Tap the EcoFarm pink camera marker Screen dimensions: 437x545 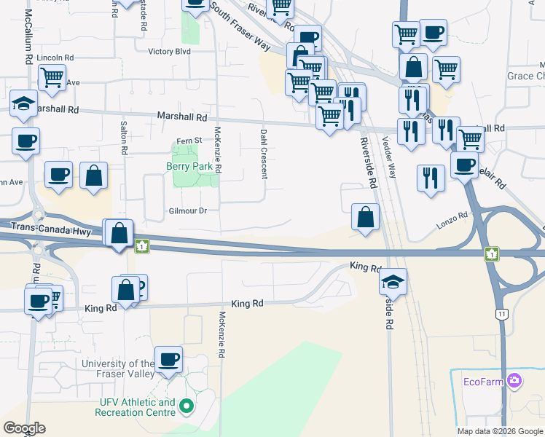point(515,380)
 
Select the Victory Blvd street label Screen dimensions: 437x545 point(169,52)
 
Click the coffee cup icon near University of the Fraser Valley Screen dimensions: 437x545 point(169,359)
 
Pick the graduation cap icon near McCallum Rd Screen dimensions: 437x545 point(23,103)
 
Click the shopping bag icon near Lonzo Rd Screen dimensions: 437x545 point(365,216)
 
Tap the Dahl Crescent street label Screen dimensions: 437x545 point(263,153)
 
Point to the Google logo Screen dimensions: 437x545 point(23,428)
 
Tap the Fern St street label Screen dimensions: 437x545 point(188,141)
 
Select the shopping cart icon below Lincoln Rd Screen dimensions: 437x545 point(52,77)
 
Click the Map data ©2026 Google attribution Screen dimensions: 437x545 point(499,430)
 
